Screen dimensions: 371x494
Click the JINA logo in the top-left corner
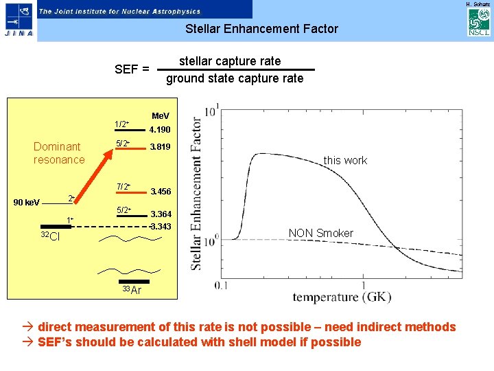[x=17, y=21]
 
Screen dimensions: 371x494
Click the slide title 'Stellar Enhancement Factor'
[x=261, y=29]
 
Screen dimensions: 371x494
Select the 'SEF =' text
[x=132, y=69]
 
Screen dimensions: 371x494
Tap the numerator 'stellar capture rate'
[x=230, y=61]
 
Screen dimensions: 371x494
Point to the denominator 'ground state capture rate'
[x=235, y=78]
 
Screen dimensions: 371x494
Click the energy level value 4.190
[x=160, y=130]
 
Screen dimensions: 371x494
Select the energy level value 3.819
[x=160, y=147]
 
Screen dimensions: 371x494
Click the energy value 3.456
[x=161, y=191]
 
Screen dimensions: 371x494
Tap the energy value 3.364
[x=161, y=214]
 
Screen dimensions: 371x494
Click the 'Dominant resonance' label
[x=59, y=153]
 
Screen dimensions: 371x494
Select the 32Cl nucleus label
[x=49, y=237]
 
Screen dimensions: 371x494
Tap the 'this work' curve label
[x=345, y=160]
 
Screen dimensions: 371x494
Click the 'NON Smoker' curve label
[x=320, y=234]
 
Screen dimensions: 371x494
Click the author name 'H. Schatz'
[x=478, y=4]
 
